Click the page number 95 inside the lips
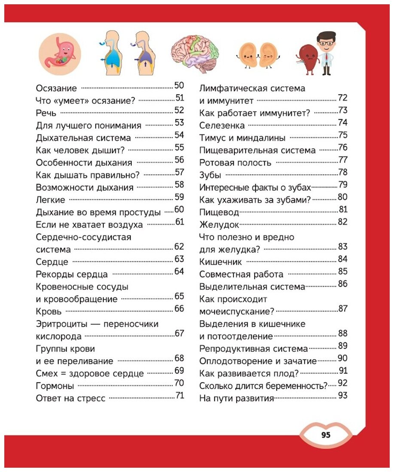(325, 435)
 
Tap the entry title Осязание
(57, 88)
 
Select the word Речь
(47, 113)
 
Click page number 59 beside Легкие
(179, 197)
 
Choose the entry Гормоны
(55, 386)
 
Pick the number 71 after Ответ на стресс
(180, 396)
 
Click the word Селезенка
(222, 126)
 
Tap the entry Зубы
(211, 175)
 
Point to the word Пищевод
(219, 212)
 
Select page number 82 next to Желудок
(342, 222)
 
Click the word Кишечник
(221, 262)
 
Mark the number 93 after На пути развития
(342, 396)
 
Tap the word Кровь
(49, 312)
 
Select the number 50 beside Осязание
(179, 85)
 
